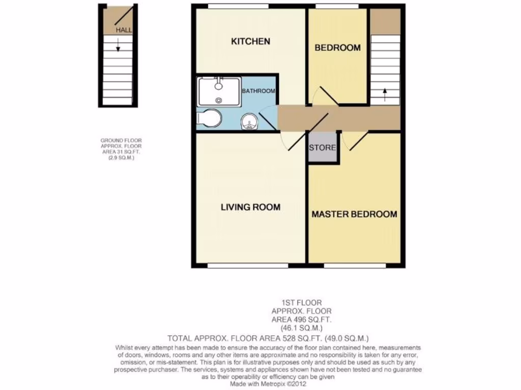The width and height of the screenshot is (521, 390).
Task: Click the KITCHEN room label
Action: coord(251,41)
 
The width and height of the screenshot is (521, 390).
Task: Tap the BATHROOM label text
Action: coord(258,91)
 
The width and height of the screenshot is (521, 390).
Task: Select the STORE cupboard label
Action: coord(323,148)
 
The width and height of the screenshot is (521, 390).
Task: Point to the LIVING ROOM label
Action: coord(250,207)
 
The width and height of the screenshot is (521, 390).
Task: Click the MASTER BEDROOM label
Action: coord(354,214)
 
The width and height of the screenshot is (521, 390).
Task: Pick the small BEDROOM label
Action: coord(337,48)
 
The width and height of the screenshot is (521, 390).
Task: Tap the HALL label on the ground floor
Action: coord(124,30)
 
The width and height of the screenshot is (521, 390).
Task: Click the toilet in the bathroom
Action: coord(209,118)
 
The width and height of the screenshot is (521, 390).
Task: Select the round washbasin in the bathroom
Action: coord(249,121)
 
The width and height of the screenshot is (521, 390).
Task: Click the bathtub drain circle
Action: coord(219,101)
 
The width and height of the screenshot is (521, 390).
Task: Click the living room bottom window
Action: coord(248,265)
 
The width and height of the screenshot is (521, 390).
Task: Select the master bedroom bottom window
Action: coord(354,265)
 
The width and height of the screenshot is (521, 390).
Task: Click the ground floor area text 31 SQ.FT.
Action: coord(127,151)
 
